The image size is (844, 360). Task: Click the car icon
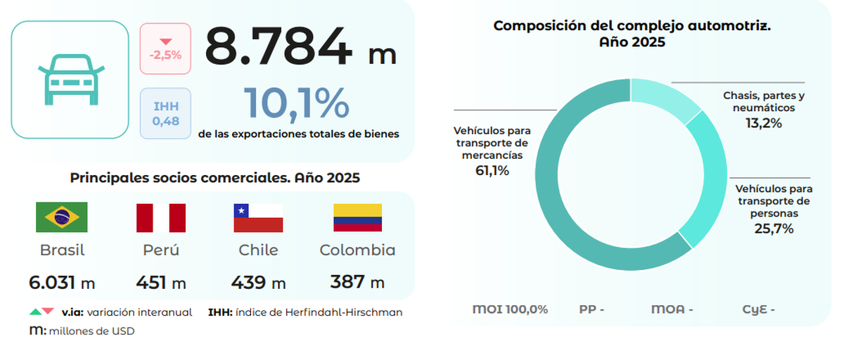(70, 79)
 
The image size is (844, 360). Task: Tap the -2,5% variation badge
(165, 49)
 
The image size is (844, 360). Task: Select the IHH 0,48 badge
(165, 114)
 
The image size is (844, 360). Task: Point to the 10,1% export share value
(296, 104)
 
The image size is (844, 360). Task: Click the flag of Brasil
(62, 217)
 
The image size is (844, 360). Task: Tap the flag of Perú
(160, 217)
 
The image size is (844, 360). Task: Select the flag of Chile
(258, 217)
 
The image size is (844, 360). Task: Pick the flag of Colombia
(357, 217)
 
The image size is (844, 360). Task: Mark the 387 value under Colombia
(347, 282)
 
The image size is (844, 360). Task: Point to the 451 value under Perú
(152, 283)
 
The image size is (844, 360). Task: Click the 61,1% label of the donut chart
(492, 171)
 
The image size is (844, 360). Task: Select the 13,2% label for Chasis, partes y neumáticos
(763, 123)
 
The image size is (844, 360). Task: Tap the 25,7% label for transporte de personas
(774, 229)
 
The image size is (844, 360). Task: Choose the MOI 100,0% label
(510, 309)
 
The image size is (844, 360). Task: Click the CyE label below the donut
(758, 309)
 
